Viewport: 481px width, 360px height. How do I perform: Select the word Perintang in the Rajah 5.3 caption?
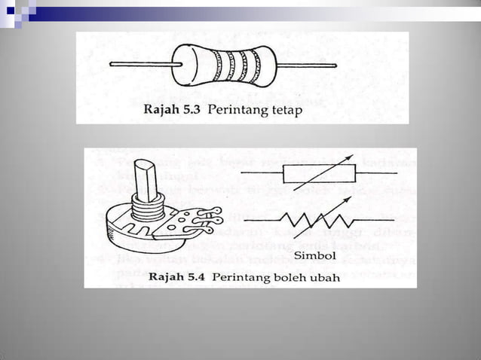(x=234, y=111)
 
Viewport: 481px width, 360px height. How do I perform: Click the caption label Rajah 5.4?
(x=177, y=276)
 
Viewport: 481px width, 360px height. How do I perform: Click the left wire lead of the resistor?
(x=143, y=64)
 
